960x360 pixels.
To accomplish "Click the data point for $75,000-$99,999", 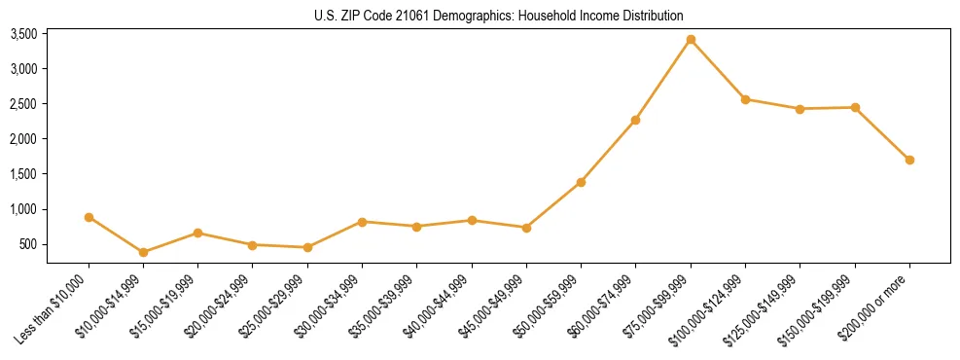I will point(691,40).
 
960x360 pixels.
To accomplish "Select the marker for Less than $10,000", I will point(89,217).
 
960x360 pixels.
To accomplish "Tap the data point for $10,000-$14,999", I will point(143,252).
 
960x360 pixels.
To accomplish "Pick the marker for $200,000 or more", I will point(909,160).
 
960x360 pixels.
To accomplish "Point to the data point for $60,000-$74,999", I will point(635,120).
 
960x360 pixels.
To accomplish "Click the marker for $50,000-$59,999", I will point(581,182).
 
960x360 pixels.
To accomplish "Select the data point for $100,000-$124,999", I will point(745,99).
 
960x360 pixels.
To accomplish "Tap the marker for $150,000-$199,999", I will point(855,107).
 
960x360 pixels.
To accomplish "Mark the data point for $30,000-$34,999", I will point(362,222).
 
